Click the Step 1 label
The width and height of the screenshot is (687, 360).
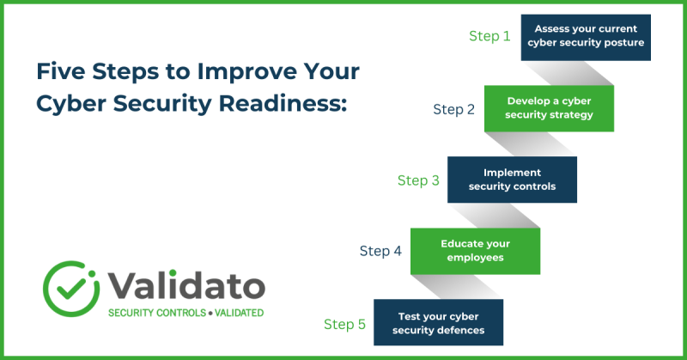click(x=489, y=36)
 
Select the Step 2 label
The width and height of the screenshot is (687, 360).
click(x=453, y=109)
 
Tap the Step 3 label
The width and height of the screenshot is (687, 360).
click(x=418, y=180)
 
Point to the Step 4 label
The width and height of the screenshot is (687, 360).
click(x=380, y=251)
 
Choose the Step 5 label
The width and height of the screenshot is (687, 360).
click(x=344, y=324)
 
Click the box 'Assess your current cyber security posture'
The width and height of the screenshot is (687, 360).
click(x=586, y=37)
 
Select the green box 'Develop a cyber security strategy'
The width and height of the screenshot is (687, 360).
click(x=549, y=108)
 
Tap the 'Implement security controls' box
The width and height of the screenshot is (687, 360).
click(x=512, y=180)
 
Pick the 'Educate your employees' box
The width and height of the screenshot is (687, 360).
click(x=475, y=251)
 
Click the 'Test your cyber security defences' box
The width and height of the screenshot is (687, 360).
click(x=438, y=323)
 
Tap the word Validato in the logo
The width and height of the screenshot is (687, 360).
click(x=186, y=284)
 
